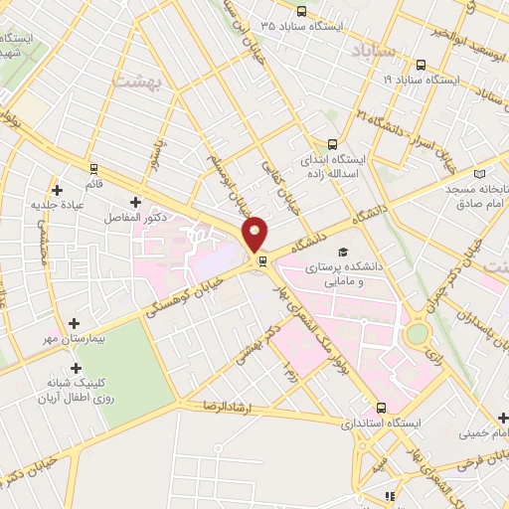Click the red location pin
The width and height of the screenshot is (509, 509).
255,234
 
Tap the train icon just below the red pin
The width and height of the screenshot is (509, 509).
262,261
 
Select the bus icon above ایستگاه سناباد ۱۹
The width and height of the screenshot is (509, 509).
421,65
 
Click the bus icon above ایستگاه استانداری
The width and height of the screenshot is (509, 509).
382,408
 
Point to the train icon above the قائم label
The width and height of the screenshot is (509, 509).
94,168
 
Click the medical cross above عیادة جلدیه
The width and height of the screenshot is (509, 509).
57,189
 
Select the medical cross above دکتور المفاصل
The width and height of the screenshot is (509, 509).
135,202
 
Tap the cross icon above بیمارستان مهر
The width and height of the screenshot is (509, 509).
76,323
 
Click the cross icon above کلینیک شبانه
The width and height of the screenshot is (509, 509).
76,368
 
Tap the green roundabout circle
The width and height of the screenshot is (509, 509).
418,333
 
